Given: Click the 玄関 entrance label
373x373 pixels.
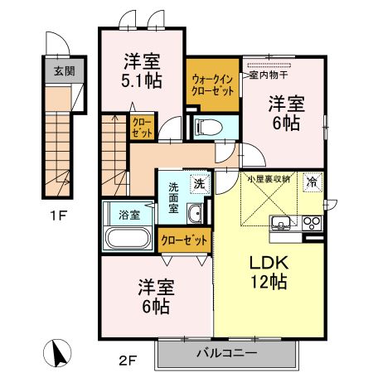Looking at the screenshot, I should coord(63,70).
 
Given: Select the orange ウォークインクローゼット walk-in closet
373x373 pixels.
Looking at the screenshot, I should coord(213,85).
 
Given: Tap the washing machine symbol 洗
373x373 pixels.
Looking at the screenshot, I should coord(199,183).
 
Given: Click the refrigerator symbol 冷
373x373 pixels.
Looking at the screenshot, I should coord(312,182).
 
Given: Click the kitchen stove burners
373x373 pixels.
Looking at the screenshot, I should coord(312,222).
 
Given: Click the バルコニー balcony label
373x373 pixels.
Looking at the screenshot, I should coord(225,353).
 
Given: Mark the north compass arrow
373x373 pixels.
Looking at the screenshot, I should coord(58,352).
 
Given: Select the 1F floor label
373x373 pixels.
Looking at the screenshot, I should coord(57,220).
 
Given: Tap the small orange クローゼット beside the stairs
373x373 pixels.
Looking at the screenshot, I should coord(141,127).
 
